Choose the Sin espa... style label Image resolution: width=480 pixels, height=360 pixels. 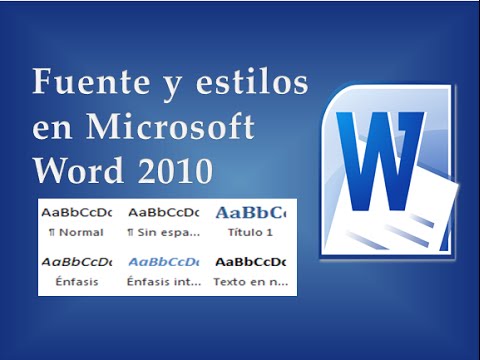163,232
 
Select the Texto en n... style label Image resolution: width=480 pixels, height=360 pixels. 250,282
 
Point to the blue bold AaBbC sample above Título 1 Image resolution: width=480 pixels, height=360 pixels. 250,212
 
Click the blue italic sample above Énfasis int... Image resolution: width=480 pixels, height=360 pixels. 163,261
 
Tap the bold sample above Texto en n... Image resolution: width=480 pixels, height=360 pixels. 250,261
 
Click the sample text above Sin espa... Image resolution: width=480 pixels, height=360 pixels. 163,212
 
